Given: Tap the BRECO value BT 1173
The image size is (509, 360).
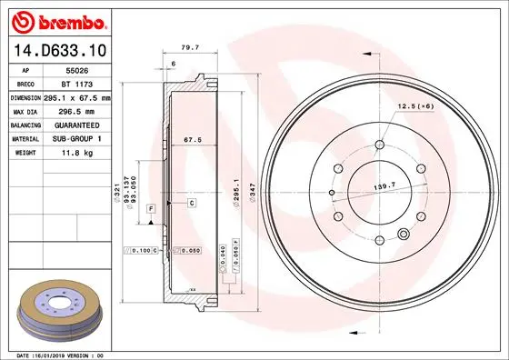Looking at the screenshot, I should point(77,83).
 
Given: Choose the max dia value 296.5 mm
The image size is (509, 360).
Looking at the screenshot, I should point(77,111).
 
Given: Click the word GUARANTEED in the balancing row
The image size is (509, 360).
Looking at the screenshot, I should point(77,125).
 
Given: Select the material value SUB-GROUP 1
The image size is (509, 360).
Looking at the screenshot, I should point(77,138).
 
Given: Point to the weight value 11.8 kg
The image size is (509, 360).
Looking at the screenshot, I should point(77,153).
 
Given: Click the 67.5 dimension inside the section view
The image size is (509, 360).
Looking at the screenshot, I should point(192,141).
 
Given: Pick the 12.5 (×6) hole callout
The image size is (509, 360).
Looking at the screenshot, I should point(414,107).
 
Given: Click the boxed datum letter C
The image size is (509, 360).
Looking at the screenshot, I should point(193,202).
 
